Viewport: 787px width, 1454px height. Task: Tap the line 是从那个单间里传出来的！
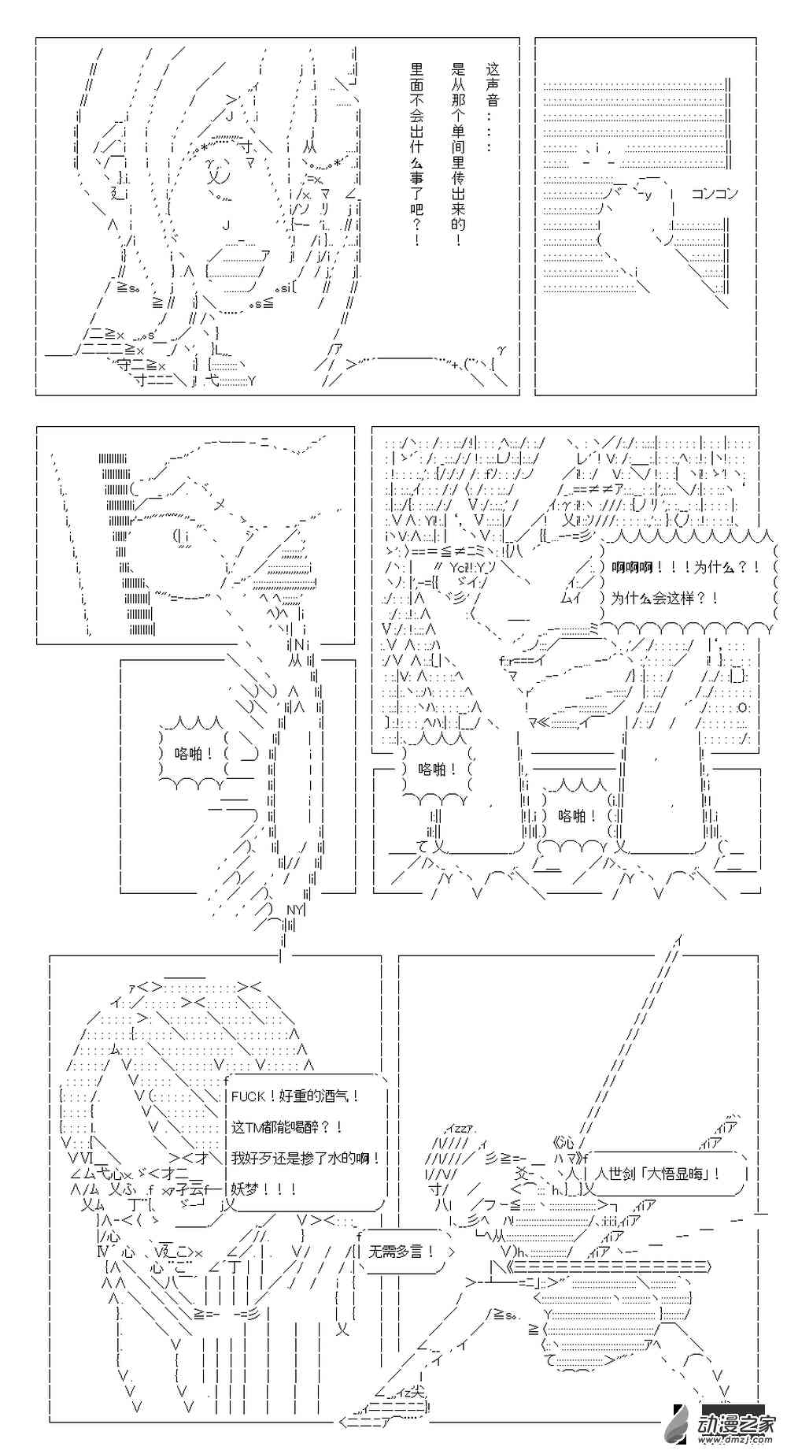coord(458,154)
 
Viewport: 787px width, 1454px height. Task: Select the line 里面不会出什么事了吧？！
coord(416,154)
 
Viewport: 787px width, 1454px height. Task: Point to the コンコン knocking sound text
coord(714,193)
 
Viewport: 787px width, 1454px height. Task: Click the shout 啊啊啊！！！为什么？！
coord(685,567)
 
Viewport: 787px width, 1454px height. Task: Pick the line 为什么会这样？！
coord(664,598)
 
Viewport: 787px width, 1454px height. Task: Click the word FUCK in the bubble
coord(248,1096)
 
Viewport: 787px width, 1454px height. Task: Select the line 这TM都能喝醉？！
coord(286,1128)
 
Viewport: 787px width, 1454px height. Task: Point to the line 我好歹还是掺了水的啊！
coord(306,1159)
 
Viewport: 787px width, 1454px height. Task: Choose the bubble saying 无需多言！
coord(401,1252)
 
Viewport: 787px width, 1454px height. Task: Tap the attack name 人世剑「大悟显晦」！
coord(657,1174)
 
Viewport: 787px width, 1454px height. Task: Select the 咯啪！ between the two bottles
coord(577,816)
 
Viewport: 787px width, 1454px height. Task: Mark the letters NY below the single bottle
coord(294,909)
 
